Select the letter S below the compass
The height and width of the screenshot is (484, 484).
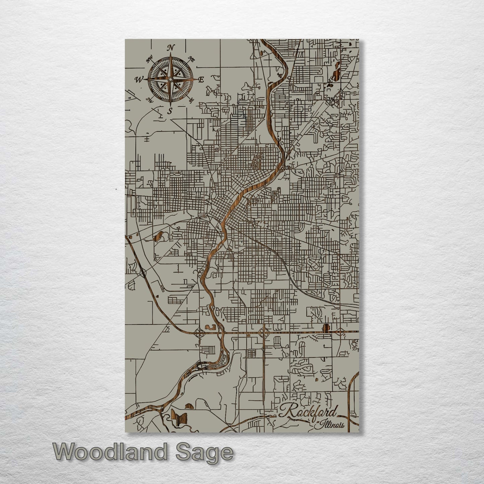coord(170,111)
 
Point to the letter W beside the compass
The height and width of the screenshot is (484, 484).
coord(139,80)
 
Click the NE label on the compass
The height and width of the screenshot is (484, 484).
coord(192,60)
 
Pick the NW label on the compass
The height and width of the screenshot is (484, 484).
coord(149,60)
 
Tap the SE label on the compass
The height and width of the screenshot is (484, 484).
coord(191,100)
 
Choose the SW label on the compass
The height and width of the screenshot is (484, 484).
coord(150,99)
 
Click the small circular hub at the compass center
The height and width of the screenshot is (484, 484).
coord(170,79)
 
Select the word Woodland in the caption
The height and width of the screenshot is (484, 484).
coord(110,453)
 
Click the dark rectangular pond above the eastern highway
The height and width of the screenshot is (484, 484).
coord(325,327)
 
